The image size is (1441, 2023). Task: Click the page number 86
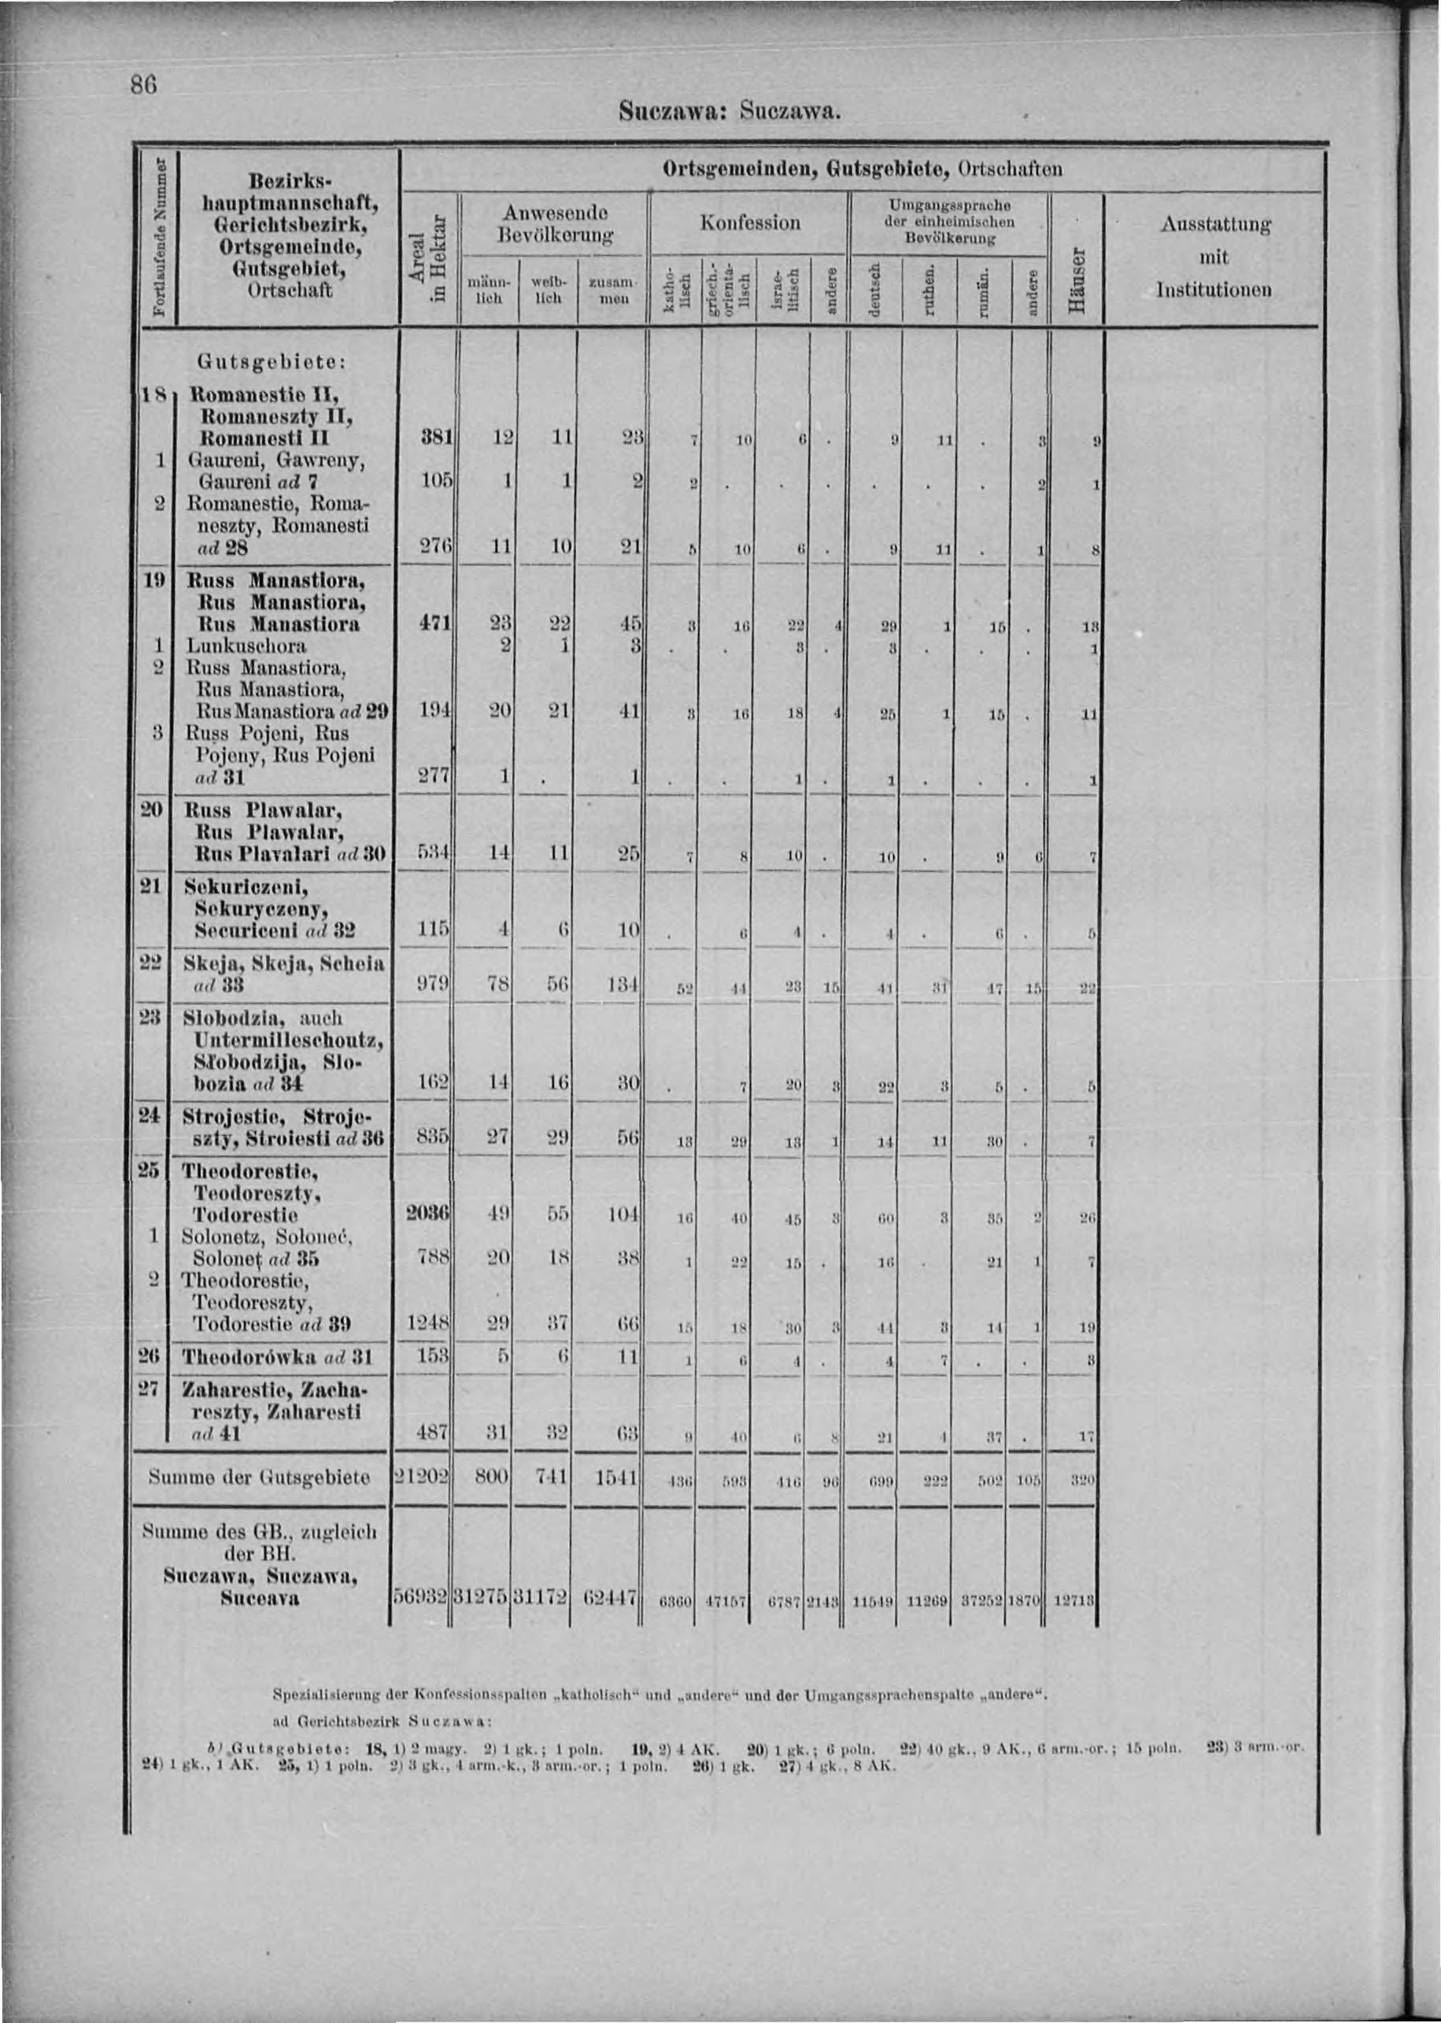point(144,85)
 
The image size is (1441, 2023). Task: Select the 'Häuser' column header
point(1077,279)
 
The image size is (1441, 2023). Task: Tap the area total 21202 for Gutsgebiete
point(422,1477)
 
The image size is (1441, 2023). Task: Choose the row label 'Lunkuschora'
point(245,646)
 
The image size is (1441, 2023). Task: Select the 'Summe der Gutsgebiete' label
point(258,1477)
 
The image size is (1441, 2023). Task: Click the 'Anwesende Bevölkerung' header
point(555,224)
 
